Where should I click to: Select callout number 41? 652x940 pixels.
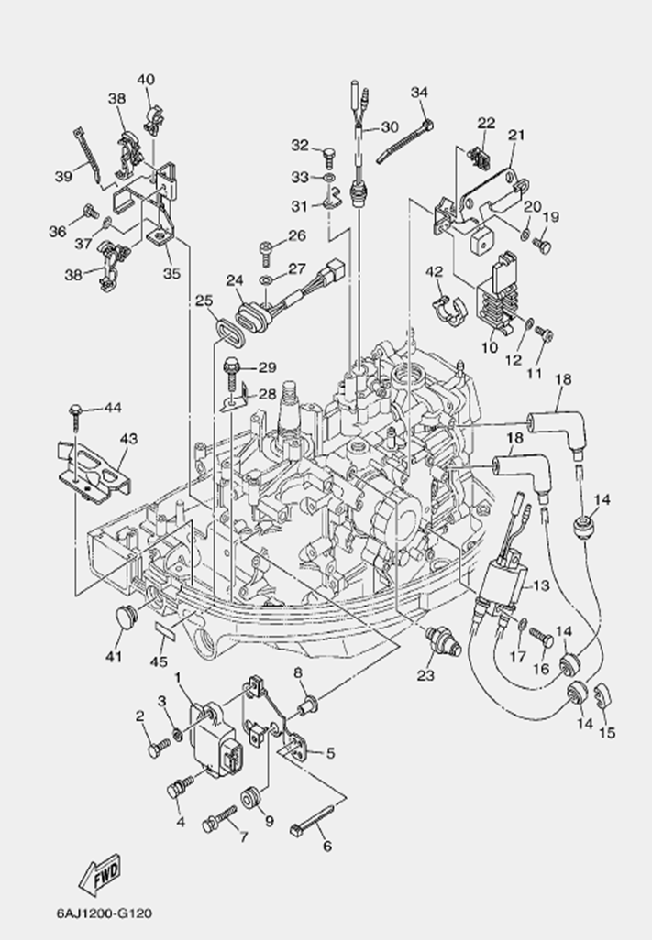click(114, 655)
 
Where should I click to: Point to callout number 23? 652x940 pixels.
click(425, 677)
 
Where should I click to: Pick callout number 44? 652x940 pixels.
click(112, 406)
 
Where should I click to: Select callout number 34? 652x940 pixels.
click(419, 92)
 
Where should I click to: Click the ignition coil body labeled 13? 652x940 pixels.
click(503, 586)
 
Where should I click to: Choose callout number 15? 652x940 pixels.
click(606, 732)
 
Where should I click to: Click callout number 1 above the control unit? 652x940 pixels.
click(176, 678)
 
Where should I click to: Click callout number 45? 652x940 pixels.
click(160, 660)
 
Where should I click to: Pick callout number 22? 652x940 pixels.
click(486, 122)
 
